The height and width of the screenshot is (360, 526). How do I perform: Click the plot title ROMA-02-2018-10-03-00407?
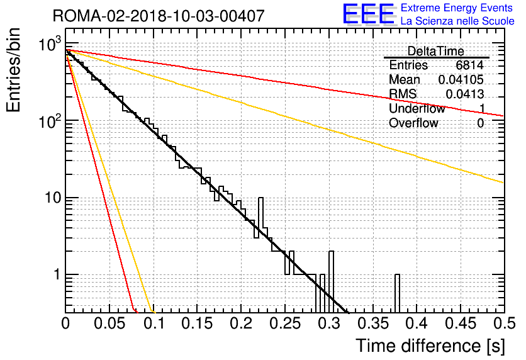point(159,16)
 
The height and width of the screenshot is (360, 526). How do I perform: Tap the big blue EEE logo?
point(368,14)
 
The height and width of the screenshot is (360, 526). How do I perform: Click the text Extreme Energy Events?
point(457,8)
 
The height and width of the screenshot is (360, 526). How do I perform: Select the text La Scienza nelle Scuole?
point(457,21)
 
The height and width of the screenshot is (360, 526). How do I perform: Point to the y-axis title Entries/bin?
point(13,70)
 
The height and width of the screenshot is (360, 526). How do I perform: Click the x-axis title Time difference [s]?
point(430,346)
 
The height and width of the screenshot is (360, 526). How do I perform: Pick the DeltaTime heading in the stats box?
point(436,51)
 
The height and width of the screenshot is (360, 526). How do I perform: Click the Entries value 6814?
point(469,65)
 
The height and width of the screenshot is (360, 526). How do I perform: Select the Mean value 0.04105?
point(461,79)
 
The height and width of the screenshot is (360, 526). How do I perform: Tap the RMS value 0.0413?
point(464,94)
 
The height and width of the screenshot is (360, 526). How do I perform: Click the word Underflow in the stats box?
point(417,108)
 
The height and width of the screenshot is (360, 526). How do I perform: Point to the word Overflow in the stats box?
point(413,123)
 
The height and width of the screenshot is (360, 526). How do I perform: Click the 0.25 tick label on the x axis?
point(285,323)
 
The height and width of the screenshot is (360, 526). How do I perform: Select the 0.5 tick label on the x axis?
point(505,323)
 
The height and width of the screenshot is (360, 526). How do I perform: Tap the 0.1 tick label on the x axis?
point(154,323)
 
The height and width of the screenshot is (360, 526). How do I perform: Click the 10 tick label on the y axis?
point(53,198)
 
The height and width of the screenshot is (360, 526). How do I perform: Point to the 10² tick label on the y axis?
point(50,120)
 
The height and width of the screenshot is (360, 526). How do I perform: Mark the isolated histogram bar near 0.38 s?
point(397,293)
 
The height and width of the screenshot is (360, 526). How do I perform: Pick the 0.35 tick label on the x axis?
point(372,323)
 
